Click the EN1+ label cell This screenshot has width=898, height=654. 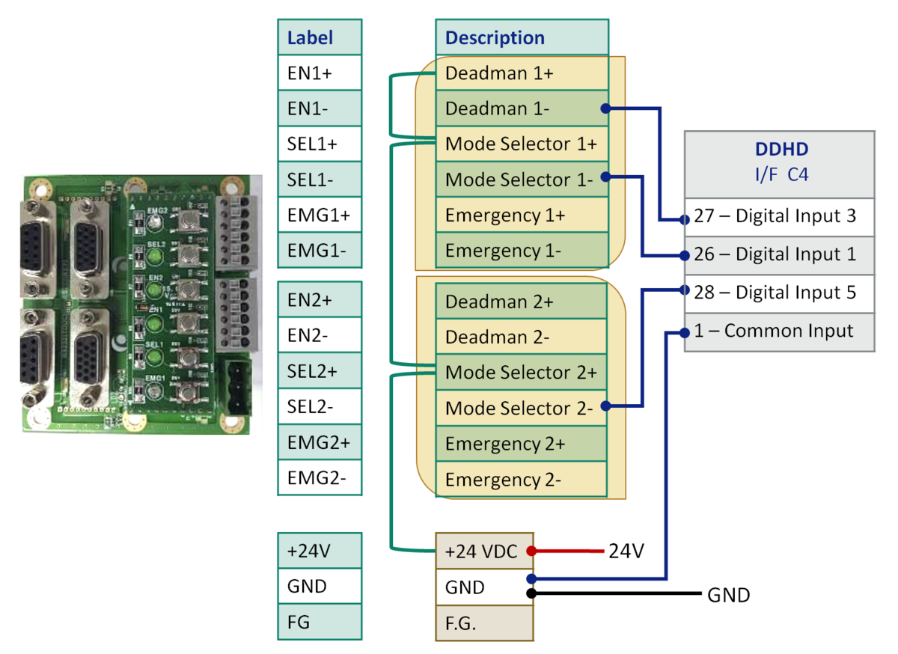(320, 73)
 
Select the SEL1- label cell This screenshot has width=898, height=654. (320, 180)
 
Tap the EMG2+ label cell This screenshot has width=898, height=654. (320, 442)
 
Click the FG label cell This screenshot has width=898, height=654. (320, 623)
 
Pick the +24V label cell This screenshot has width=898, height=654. (320, 551)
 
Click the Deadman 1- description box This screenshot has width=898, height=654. (522, 109)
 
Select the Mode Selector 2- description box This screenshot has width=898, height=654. (522, 408)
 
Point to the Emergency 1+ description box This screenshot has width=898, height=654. (522, 216)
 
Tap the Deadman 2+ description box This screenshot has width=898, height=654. (522, 301)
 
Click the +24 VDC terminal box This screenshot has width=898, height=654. (484, 551)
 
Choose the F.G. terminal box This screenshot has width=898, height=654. (484, 623)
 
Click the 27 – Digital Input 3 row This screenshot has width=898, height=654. (779, 217)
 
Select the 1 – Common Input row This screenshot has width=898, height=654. (779, 331)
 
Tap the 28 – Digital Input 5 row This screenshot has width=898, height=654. (779, 293)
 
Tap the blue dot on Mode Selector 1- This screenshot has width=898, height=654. (604, 177)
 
